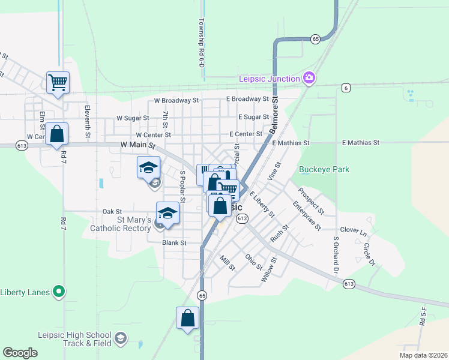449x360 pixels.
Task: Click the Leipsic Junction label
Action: [x=269, y=79]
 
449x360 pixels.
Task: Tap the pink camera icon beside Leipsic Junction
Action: [x=309, y=77]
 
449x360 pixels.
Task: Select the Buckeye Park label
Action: [x=324, y=170]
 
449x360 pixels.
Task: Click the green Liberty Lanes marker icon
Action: [x=58, y=292]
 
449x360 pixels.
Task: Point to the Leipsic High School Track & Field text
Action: [x=74, y=339]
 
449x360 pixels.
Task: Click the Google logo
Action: [x=20, y=353]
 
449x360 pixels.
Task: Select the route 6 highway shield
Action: [x=346, y=88]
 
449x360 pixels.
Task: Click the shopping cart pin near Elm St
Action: [x=58, y=82]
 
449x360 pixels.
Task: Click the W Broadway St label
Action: [x=176, y=100]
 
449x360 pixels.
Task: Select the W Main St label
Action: [x=137, y=145]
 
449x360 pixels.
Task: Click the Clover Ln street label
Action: [x=353, y=230]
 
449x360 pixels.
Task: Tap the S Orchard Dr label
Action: [x=336, y=254]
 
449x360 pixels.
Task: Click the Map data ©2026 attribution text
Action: [x=423, y=355]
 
